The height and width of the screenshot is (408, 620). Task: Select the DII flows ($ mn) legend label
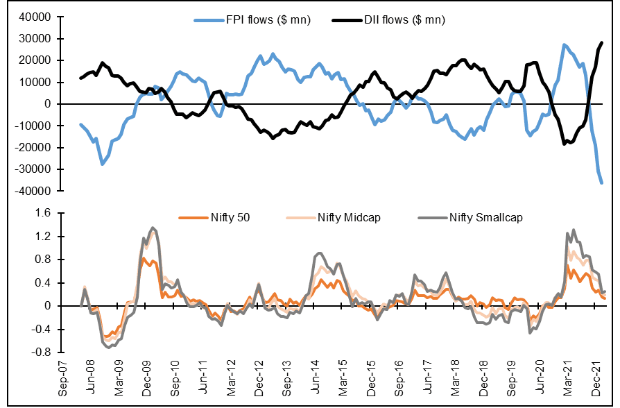[404, 20]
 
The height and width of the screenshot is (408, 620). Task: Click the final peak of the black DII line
[601, 43]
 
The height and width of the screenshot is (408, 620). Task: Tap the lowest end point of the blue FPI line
[601, 182]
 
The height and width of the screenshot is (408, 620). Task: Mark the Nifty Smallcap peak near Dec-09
[153, 228]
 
